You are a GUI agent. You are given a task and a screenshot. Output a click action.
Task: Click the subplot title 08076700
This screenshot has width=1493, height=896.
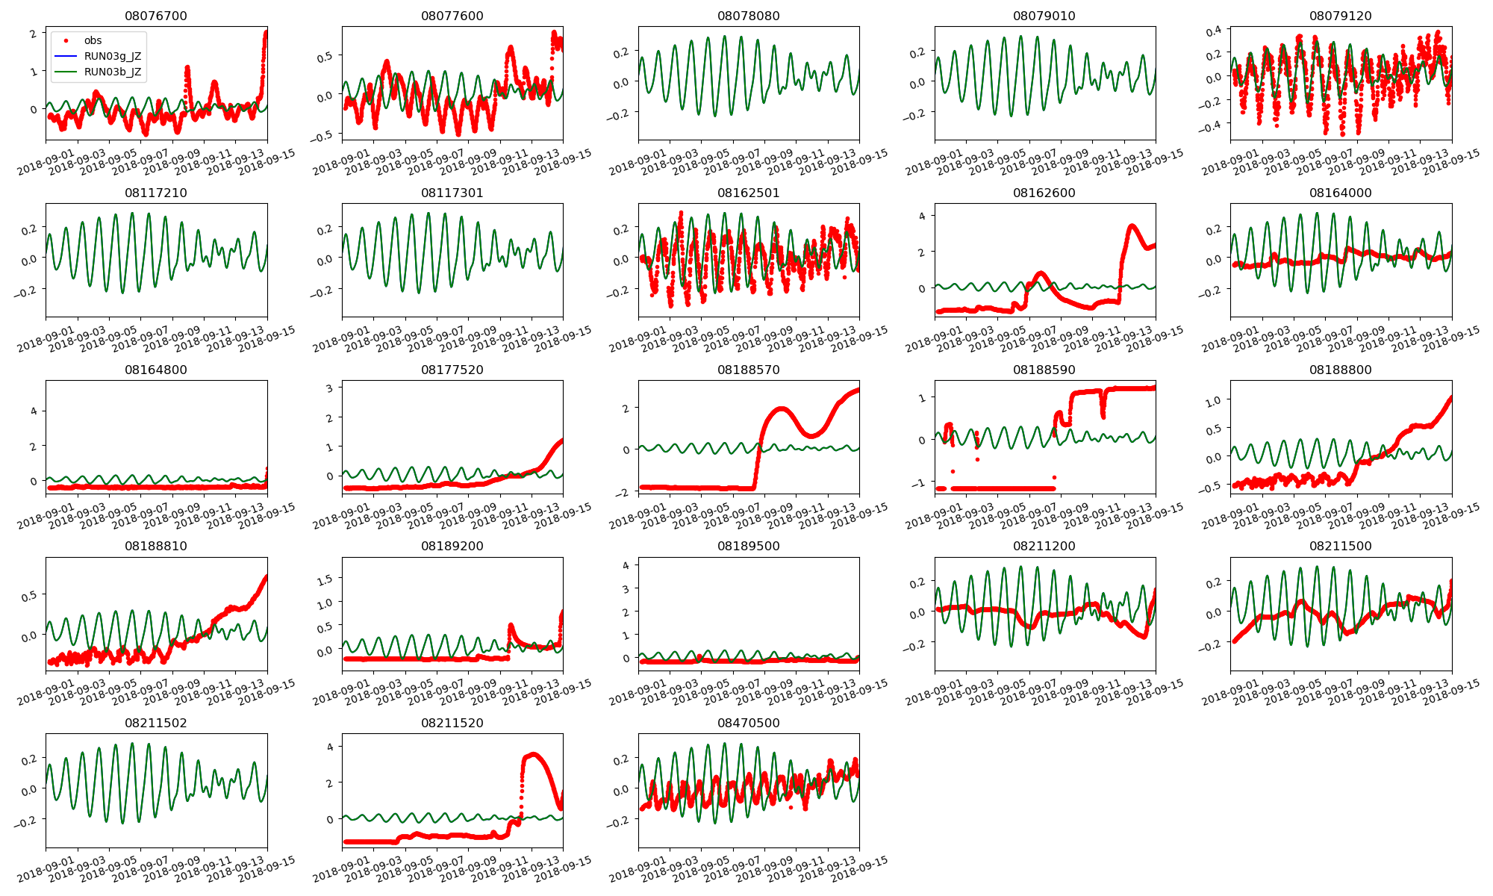156,16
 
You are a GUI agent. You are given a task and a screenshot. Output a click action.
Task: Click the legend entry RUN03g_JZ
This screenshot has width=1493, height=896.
112,56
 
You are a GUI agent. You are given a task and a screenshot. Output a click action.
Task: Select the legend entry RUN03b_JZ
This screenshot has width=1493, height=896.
112,72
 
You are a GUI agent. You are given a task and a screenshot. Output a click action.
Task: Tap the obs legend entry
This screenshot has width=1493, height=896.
93,40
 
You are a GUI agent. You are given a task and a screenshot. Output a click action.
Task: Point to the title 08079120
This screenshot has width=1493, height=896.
1340,16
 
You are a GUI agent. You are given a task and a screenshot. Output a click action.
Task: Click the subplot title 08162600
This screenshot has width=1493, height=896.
1044,193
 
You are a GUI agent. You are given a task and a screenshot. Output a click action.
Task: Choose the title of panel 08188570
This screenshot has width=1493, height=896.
748,370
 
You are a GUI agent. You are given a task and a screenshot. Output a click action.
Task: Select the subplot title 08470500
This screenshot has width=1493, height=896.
748,723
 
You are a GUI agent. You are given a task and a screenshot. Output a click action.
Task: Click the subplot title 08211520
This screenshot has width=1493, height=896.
452,723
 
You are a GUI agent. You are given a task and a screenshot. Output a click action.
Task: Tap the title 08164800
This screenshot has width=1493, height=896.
156,370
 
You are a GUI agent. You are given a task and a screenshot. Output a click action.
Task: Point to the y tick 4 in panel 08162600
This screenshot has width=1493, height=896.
922,217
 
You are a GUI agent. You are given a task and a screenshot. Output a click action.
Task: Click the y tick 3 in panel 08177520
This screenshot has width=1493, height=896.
329,388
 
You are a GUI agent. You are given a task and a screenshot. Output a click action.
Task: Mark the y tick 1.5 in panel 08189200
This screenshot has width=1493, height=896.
325,579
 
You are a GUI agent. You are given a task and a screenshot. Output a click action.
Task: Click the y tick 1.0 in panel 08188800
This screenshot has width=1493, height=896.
1213,400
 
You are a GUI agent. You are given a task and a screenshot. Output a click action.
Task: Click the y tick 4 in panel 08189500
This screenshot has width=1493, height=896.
626,565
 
